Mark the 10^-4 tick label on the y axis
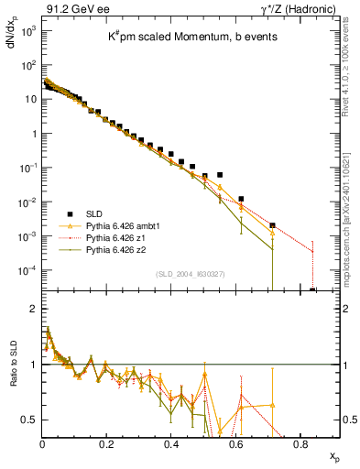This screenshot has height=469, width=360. [27, 270]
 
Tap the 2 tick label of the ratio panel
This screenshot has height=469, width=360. [33, 309]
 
